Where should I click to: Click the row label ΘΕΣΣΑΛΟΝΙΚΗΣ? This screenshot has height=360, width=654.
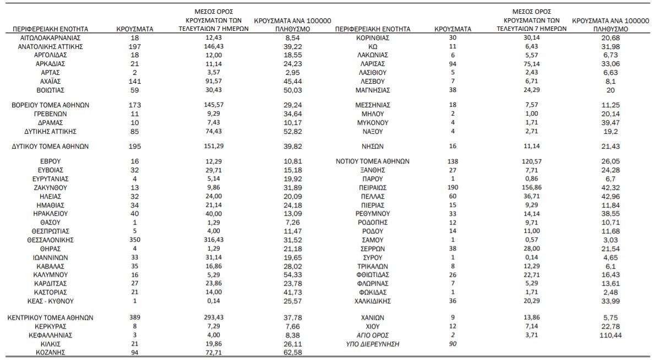click(x=51, y=241)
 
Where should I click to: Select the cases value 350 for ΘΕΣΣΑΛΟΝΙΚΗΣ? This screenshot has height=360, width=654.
click(x=135, y=240)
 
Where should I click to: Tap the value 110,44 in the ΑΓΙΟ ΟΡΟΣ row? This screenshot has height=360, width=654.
click(x=611, y=335)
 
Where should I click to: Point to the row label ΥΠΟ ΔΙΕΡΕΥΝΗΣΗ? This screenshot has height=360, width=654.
click(x=373, y=344)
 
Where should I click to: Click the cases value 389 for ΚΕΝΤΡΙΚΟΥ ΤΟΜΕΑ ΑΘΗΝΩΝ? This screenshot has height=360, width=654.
click(x=135, y=318)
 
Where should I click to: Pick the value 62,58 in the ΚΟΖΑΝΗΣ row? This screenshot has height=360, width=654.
click(x=293, y=352)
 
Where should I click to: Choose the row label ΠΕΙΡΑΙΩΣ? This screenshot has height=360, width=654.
click(x=373, y=188)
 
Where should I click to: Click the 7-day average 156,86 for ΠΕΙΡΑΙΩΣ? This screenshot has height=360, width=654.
click(x=531, y=187)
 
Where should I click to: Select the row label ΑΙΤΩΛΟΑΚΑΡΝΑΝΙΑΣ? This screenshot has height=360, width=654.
click(x=51, y=38)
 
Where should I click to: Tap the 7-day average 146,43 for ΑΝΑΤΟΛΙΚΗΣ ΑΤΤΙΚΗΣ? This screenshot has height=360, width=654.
click(x=214, y=46)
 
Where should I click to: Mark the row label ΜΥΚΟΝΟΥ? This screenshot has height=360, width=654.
click(x=373, y=123)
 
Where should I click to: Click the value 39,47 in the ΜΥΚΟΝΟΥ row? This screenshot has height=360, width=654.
click(x=611, y=123)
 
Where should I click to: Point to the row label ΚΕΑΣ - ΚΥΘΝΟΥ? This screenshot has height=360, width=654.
click(x=51, y=301)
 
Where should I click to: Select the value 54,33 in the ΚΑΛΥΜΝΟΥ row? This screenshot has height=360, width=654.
click(x=293, y=275)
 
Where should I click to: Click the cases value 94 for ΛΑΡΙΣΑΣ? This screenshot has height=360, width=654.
click(x=453, y=64)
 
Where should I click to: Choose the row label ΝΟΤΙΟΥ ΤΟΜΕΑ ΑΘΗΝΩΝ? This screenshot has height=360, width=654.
click(x=373, y=161)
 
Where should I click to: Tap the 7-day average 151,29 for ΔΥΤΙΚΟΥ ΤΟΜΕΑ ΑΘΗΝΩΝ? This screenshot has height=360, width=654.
click(x=214, y=146)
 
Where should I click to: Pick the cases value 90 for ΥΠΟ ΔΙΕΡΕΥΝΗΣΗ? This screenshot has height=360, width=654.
click(x=453, y=343)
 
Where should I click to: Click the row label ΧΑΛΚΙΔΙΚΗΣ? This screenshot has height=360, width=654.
click(x=373, y=301)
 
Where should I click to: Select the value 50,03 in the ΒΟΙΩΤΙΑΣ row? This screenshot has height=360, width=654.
click(x=293, y=90)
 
